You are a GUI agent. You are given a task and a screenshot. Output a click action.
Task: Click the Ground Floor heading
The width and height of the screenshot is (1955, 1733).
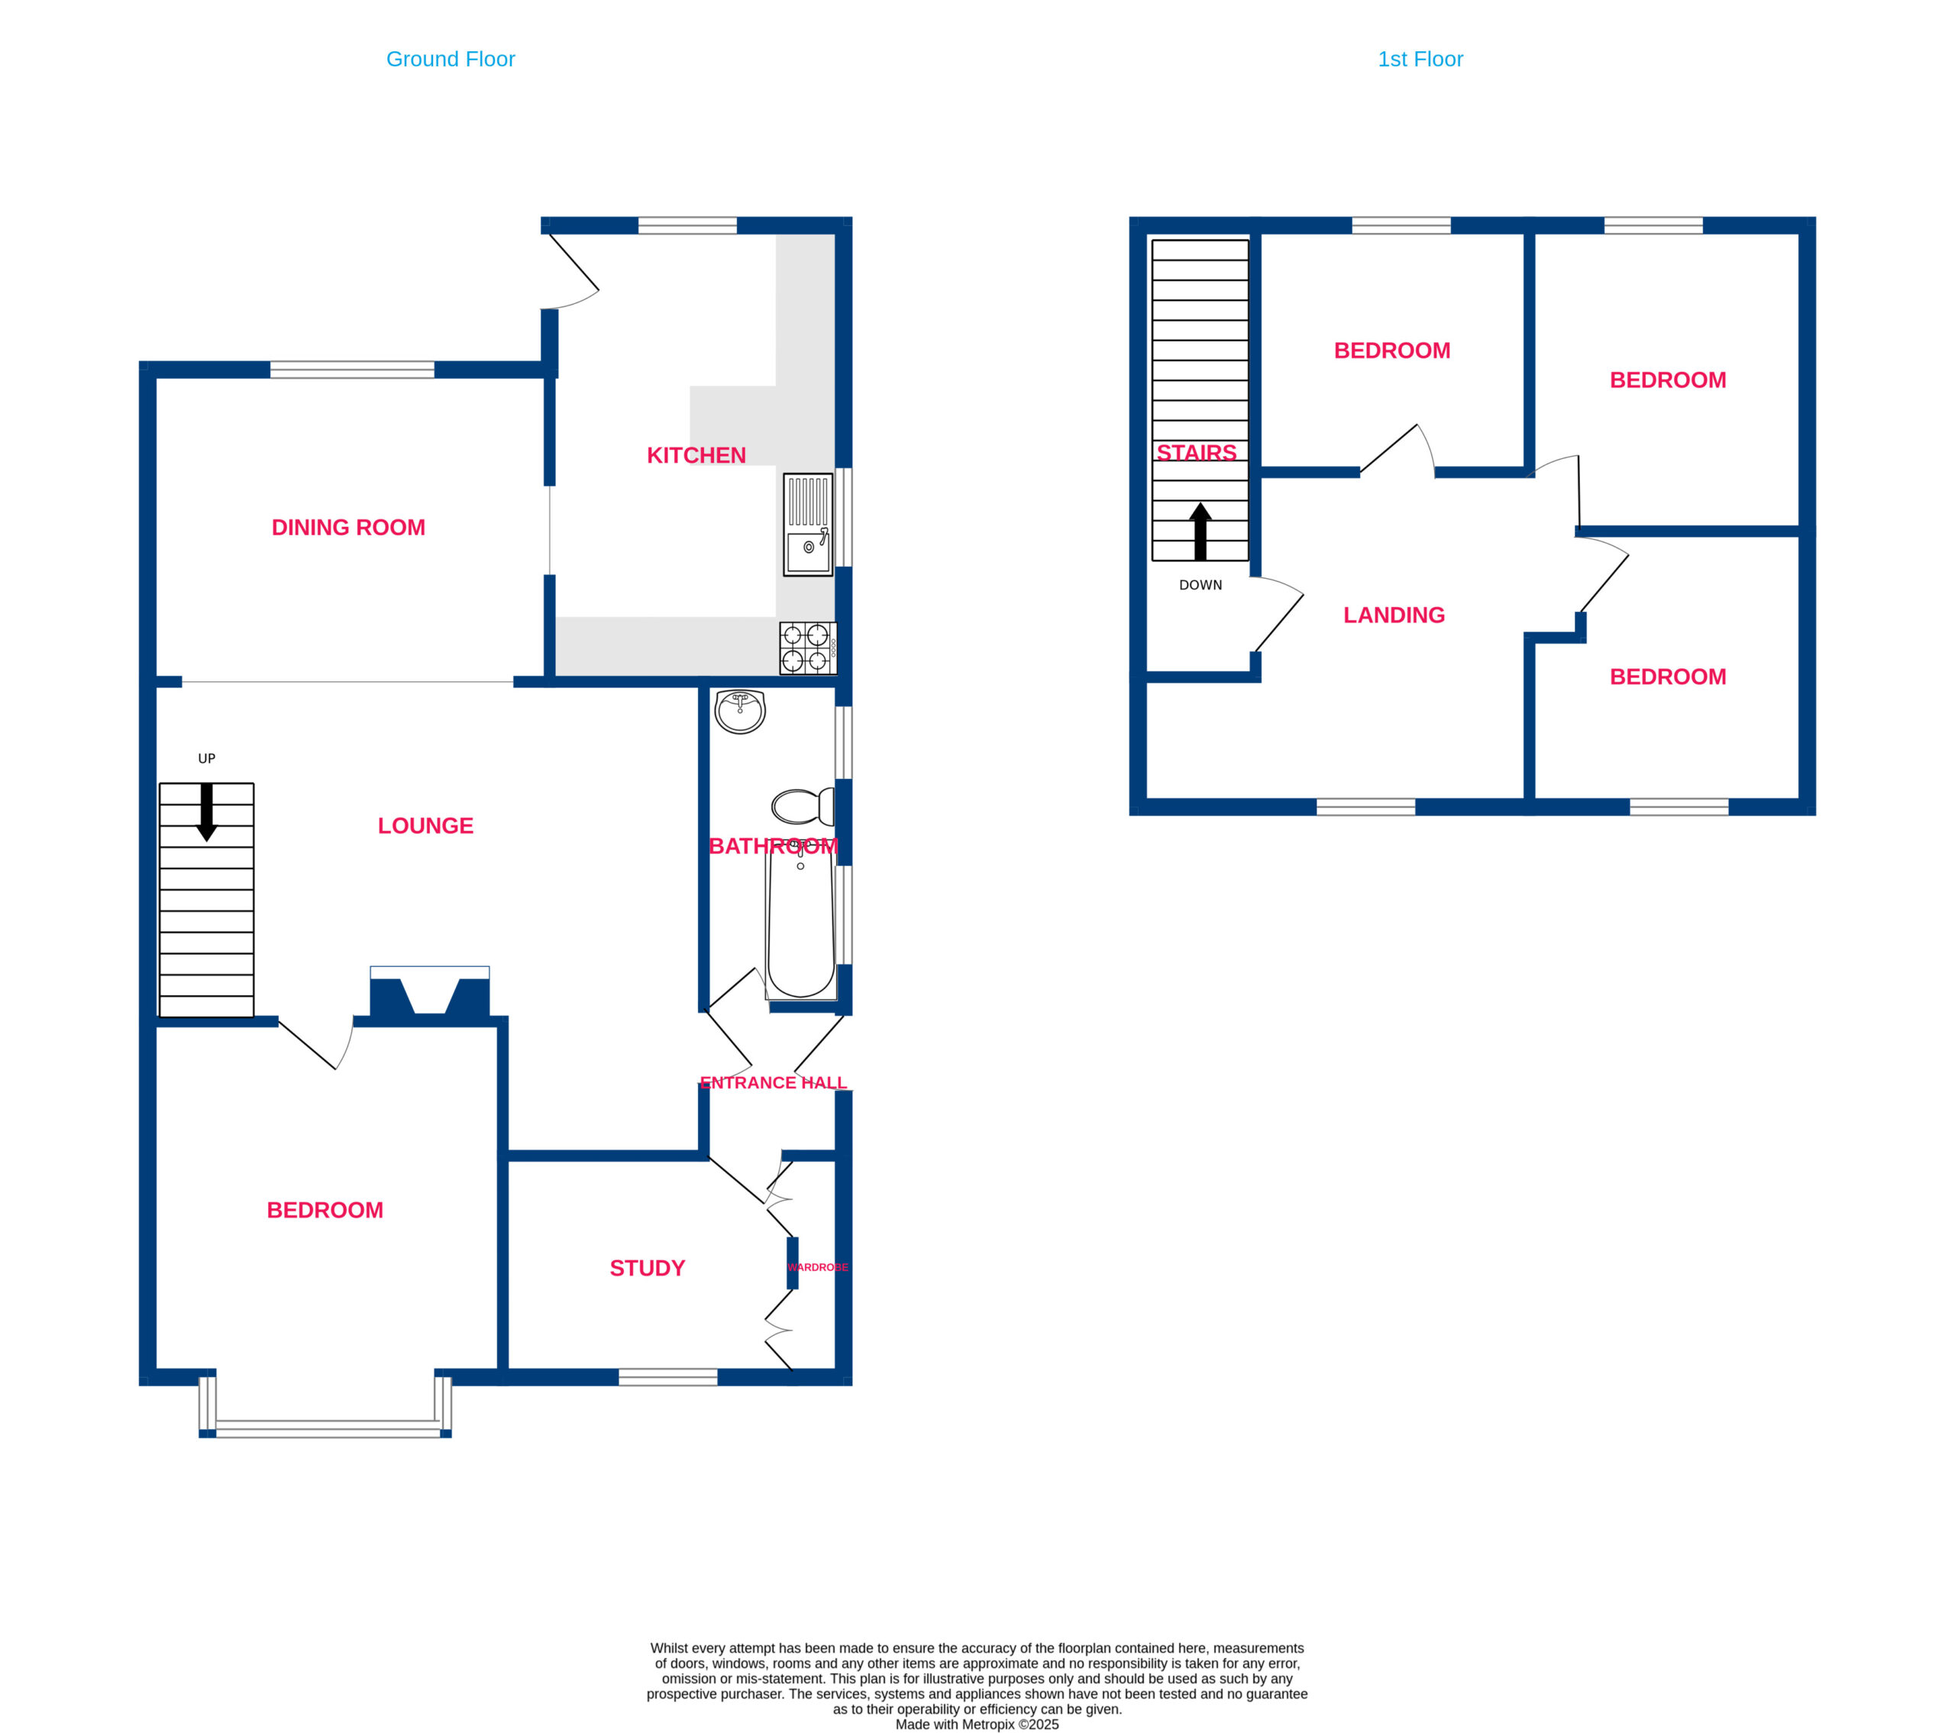point(451,60)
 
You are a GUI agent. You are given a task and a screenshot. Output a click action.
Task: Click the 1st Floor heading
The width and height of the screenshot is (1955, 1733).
point(1420,60)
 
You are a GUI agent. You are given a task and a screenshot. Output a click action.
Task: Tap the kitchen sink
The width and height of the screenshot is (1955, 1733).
point(808,525)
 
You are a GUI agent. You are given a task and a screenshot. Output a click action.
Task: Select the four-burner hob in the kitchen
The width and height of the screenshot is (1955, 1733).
point(808,648)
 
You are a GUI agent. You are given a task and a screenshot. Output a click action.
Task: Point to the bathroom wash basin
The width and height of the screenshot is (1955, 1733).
point(740,712)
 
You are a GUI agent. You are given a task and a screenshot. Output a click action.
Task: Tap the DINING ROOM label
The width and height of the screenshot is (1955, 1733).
point(348,527)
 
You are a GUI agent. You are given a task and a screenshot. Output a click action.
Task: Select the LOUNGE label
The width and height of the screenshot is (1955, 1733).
point(425,826)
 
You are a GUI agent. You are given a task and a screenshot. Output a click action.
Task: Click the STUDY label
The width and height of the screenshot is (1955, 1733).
point(648,1268)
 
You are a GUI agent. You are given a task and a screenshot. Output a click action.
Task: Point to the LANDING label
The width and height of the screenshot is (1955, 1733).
point(1394,615)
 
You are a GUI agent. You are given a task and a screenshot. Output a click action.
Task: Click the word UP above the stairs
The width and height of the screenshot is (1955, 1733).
point(207,758)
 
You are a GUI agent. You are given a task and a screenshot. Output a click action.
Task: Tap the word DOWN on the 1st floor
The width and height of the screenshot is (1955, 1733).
point(1200,585)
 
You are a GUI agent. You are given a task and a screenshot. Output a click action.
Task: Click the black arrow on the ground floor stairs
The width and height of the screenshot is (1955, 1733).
point(207,812)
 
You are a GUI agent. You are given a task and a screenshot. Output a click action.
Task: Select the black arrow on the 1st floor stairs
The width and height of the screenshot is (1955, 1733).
point(1200,532)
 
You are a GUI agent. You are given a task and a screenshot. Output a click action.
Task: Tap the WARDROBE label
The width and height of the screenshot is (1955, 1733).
point(818,1267)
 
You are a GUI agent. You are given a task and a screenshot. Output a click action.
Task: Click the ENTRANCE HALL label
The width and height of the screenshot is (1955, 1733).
point(774,1082)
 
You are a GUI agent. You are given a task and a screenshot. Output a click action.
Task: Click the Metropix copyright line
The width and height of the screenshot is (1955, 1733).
point(977,1725)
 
